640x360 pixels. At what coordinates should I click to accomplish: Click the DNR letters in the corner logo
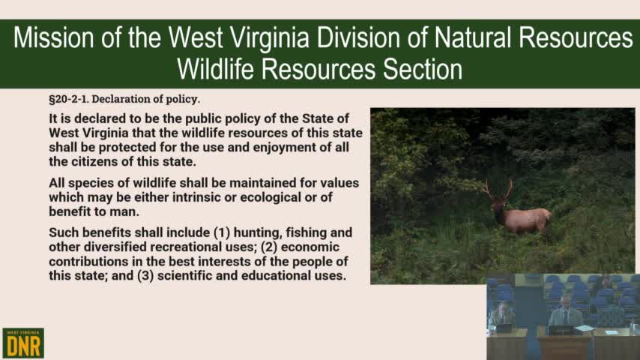pos(23,346)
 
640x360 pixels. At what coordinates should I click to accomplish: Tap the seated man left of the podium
pos(503,315)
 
